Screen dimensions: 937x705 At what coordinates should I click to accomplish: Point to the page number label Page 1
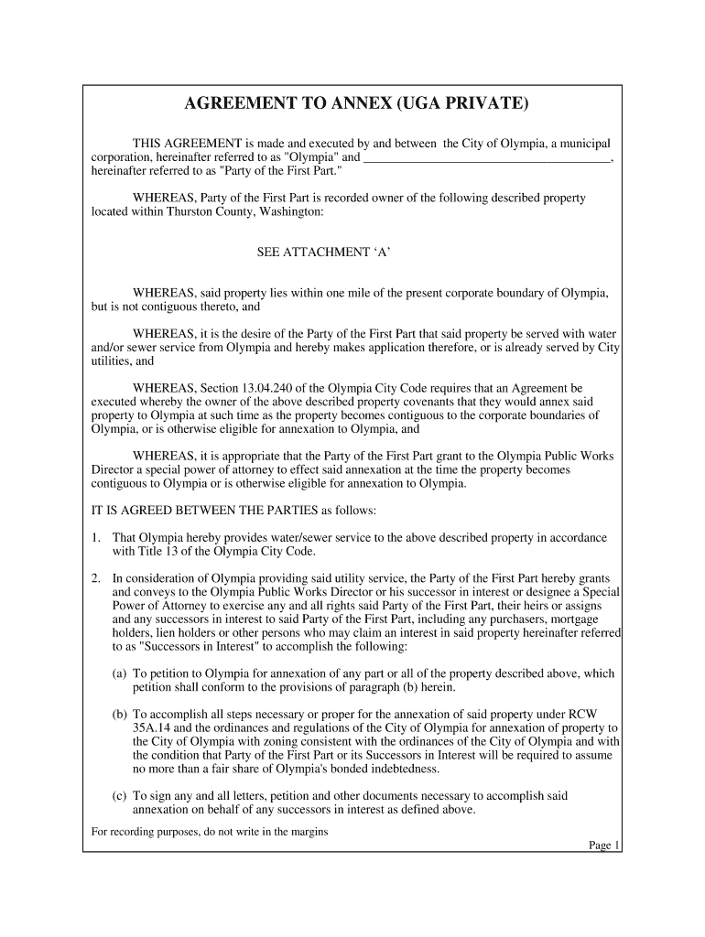click(604, 845)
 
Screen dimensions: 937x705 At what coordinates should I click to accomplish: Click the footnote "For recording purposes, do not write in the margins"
click(210, 832)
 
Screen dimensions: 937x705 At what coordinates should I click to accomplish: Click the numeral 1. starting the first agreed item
click(97, 538)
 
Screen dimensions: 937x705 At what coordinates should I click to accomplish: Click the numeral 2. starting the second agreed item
click(97, 578)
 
